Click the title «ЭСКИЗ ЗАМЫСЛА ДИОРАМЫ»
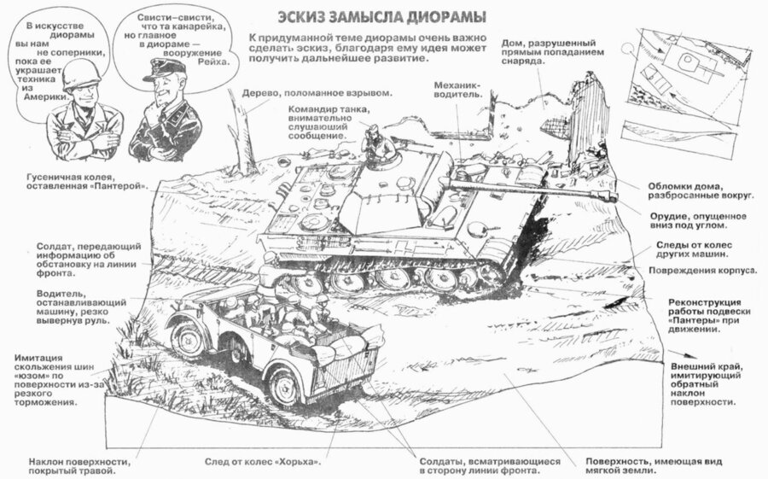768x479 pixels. [x=381, y=17]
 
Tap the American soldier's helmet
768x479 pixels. [x=82, y=77]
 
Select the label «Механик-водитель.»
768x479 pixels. [x=458, y=90]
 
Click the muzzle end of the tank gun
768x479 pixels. [x=611, y=196]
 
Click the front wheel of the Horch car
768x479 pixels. [x=188, y=338]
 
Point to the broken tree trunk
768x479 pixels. [x=242, y=132]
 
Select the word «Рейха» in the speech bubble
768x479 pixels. [x=213, y=61]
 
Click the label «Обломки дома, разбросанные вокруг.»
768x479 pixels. [x=700, y=191]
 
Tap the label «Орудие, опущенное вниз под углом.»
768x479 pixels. [x=698, y=220]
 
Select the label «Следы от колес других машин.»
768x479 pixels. [x=694, y=249]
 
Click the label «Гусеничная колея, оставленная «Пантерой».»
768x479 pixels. [x=87, y=181]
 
